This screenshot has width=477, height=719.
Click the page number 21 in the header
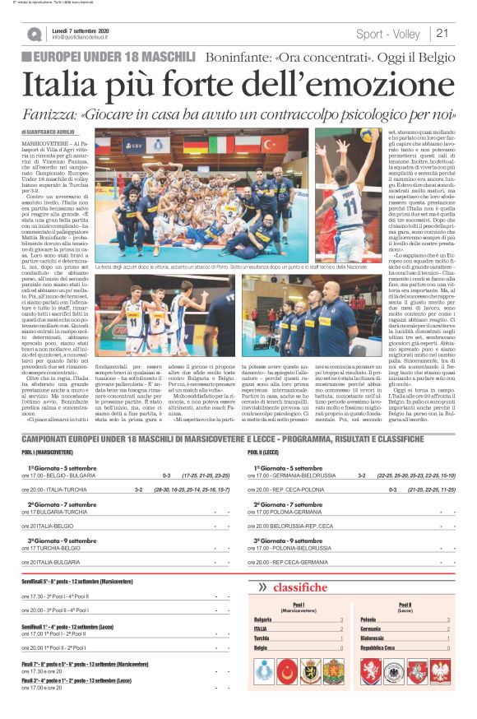[x=442, y=33]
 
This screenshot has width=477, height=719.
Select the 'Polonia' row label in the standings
[x=371, y=619]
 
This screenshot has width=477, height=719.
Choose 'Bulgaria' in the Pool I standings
[x=263, y=619]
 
